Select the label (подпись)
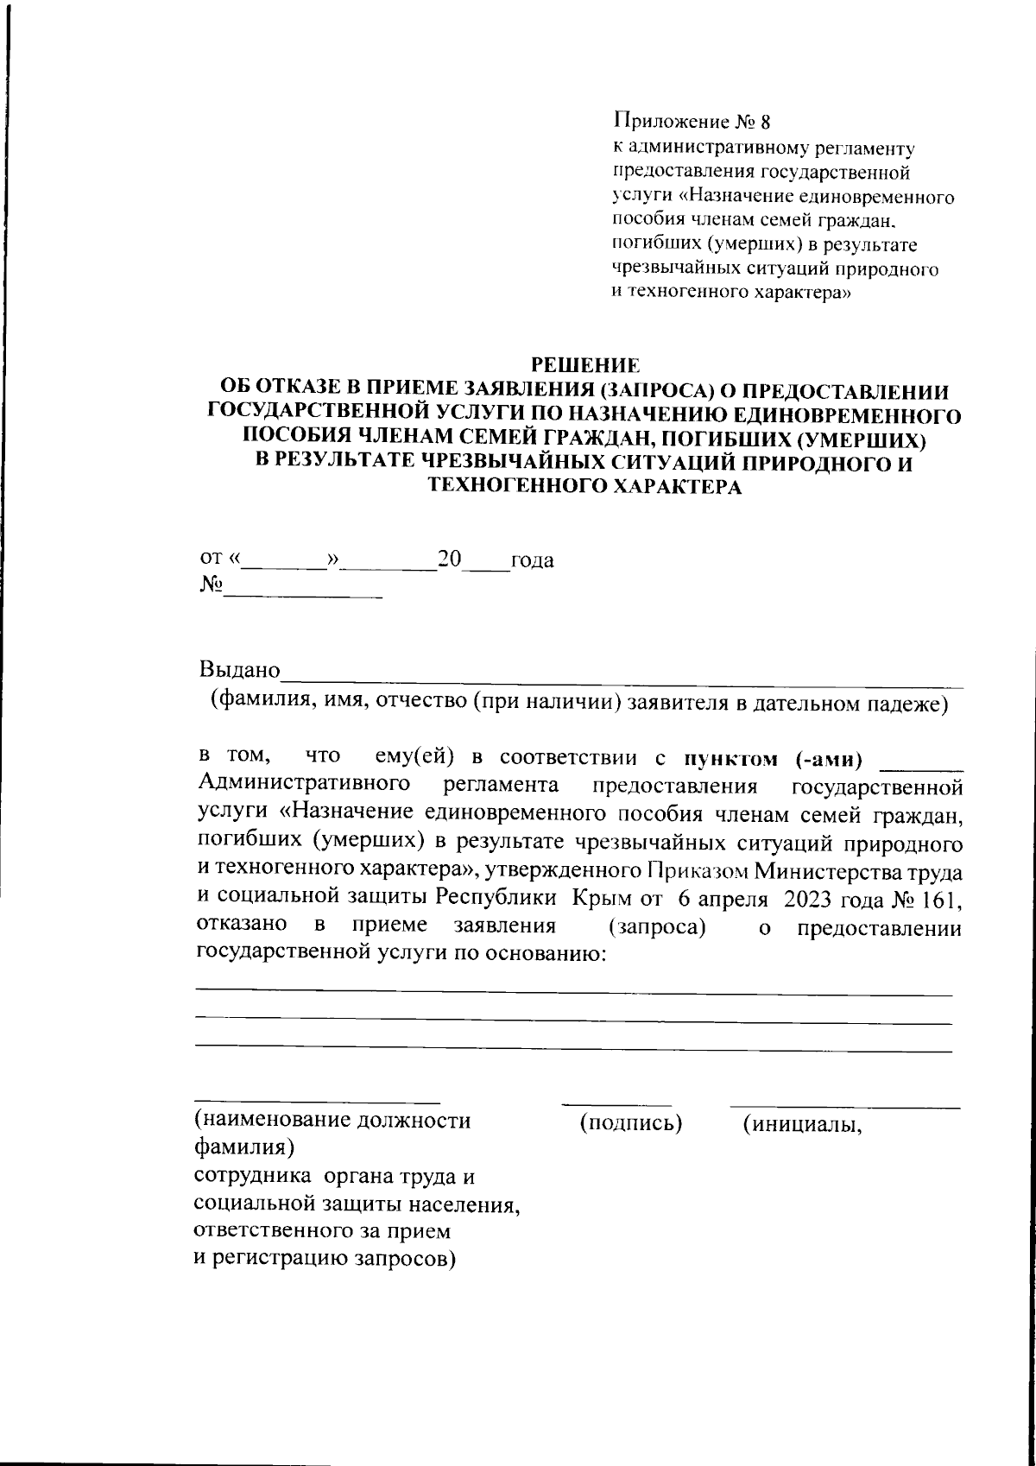click(630, 1122)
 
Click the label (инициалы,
click(803, 1122)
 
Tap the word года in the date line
click(532, 561)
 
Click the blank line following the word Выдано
click(622, 680)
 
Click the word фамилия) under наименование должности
click(241, 1150)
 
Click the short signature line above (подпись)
click(616, 1104)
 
